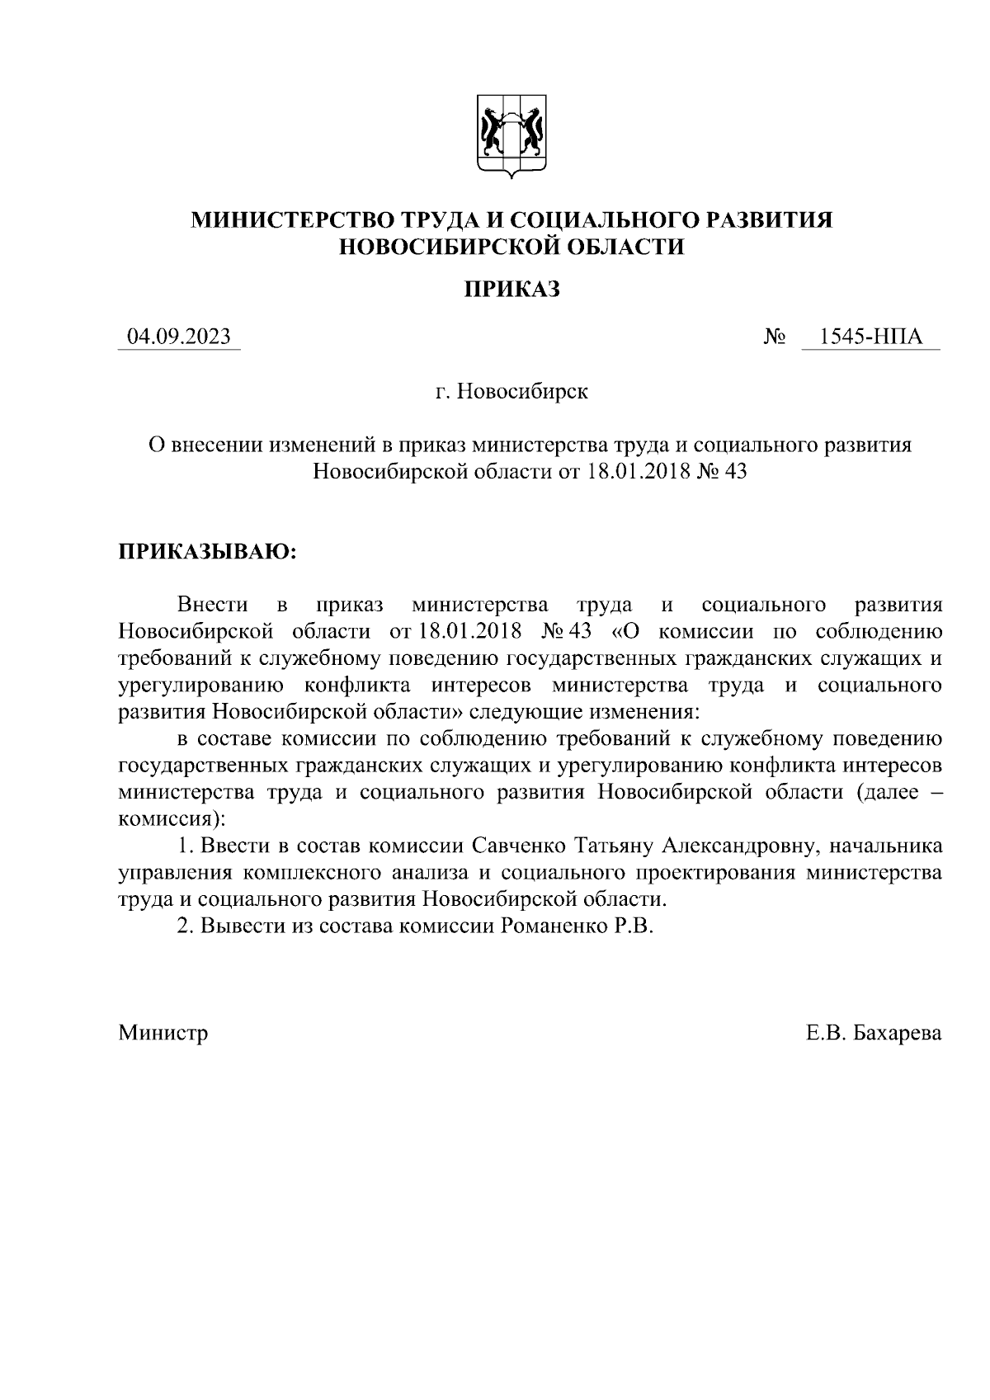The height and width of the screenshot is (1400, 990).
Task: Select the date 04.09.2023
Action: pyautogui.click(x=179, y=337)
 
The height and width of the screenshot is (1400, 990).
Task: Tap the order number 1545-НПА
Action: pyautogui.click(x=870, y=337)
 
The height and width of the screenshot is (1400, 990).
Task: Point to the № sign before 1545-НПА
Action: pyautogui.click(x=775, y=337)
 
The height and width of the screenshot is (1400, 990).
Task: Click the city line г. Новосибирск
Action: pyautogui.click(x=511, y=391)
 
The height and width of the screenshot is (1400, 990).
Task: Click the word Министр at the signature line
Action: pyautogui.click(x=163, y=1032)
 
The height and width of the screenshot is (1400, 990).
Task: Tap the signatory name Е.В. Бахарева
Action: pyautogui.click(x=874, y=1032)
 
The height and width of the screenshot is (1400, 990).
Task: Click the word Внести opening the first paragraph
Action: pyautogui.click(x=212, y=605)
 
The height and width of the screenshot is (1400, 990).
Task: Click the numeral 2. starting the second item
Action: pyautogui.click(x=186, y=926)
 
